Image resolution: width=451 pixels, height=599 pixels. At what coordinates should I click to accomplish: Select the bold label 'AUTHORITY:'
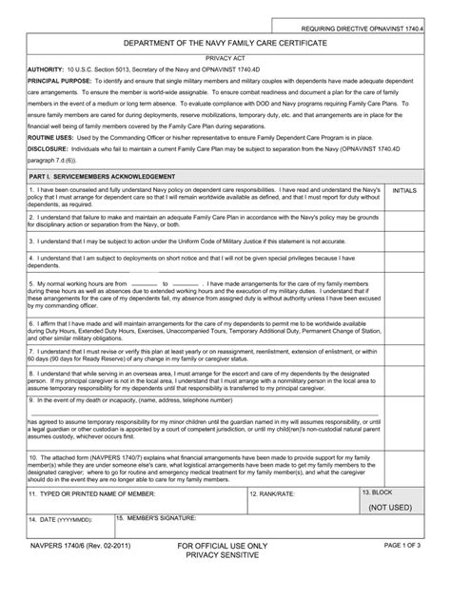coord(45,69)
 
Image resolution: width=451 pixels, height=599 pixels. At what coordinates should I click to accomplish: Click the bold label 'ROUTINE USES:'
coord(52,137)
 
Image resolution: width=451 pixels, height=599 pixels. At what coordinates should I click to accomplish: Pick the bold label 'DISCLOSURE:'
coord(49,148)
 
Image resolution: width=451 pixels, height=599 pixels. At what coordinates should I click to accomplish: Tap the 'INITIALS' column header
coord(404,191)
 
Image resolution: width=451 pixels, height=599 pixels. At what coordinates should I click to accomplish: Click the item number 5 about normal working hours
coord(31,284)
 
